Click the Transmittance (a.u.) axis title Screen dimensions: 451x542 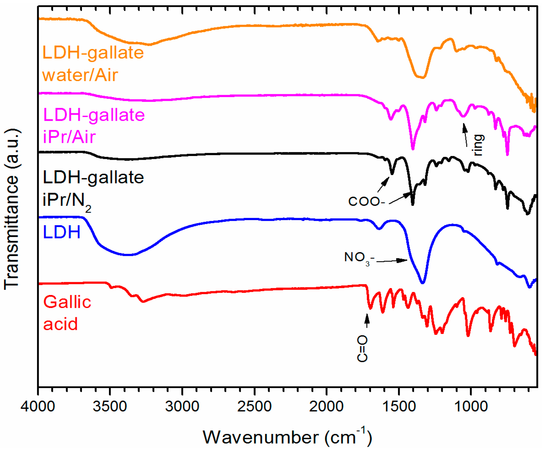12,209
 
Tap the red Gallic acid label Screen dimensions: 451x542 67,313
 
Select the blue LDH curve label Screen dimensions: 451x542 61,232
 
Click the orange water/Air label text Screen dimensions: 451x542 80,75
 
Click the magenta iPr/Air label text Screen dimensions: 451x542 69,137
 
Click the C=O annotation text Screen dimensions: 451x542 362,348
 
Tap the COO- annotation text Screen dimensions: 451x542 366,201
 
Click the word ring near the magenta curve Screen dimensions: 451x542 479,145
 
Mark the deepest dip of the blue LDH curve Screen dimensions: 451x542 423,283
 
